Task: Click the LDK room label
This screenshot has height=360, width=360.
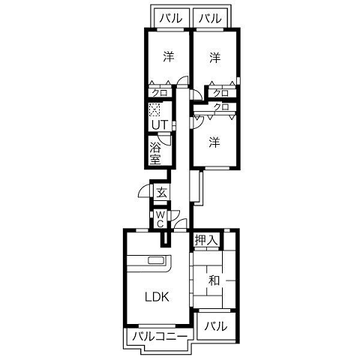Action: (x=157, y=297)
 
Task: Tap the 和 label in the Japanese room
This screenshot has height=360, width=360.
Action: (x=214, y=280)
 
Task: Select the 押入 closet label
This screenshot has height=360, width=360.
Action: (x=206, y=240)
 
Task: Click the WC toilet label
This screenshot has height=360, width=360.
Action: (x=160, y=219)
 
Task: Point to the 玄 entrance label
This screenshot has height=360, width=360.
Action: (x=161, y=193)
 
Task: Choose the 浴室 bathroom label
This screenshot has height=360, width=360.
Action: (x=155, y=153)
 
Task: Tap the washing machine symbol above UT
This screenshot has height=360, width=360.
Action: (x=154, y=109)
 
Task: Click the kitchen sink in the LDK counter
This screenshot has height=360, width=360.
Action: (x=156, y=260)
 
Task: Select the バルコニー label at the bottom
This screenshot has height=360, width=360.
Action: (x=160, y=337)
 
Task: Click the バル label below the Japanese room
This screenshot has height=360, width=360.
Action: (x=216, y=326)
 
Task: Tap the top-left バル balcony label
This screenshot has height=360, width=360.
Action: (x=171, y=18)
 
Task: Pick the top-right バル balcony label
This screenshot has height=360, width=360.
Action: (x=210, y=18)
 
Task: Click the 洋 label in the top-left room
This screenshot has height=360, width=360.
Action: (x=169, y=57)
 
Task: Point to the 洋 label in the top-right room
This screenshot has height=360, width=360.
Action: (x=215, y=58)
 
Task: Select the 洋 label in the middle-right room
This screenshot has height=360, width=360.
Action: (x=214, y=142)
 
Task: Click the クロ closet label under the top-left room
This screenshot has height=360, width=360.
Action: (x=160, y=93)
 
